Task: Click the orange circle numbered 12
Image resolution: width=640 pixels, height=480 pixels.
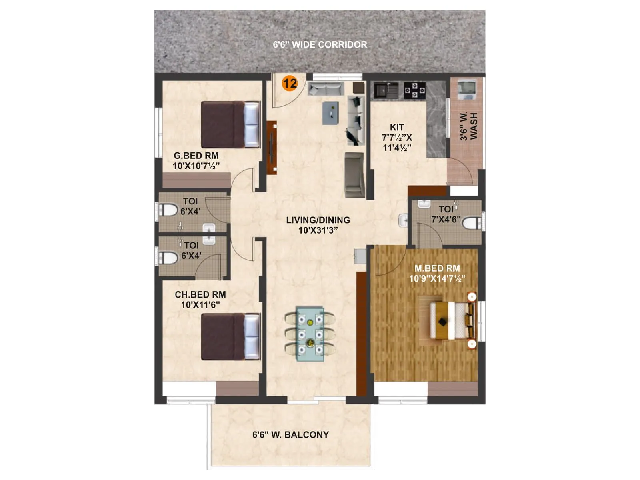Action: coord(290,83)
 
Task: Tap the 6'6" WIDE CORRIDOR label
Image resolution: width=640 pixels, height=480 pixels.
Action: coord(320,44)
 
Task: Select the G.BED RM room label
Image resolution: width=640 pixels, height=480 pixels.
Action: coord(196,156)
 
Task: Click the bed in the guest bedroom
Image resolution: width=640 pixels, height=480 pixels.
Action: coord(230,124)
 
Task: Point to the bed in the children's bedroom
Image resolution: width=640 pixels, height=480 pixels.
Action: coord(230,336)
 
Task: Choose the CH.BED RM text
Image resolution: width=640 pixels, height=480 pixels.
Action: coord(200,294)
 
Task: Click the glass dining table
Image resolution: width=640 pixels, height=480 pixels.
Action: coord(310,334)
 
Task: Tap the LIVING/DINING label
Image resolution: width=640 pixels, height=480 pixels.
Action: coord(318,220)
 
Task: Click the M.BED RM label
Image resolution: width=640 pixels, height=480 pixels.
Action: coord(437,268)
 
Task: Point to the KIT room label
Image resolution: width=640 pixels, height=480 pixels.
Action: coord(397,127)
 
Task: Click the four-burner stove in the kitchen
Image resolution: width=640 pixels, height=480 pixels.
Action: coord(414,90)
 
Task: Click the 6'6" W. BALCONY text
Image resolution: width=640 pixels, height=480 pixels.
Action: coord(290,434)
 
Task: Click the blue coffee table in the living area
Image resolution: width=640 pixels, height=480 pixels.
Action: coord(330,113)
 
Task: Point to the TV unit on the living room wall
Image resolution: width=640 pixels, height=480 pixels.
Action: coord(272,147)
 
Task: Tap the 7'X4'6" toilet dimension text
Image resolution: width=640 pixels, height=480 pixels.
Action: coord(446,220)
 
